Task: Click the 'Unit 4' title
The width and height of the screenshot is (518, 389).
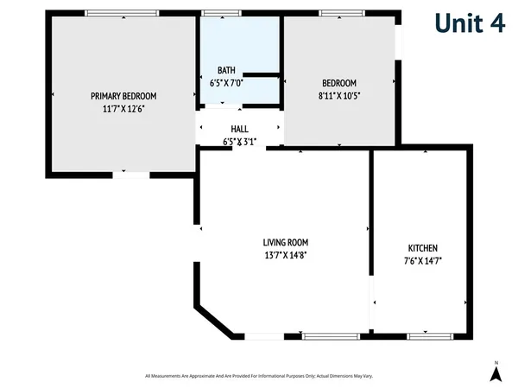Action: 469,23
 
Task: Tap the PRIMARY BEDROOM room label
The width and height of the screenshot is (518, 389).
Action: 123,96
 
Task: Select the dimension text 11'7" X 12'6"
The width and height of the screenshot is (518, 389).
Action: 123,110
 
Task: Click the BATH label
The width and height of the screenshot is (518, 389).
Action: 226,71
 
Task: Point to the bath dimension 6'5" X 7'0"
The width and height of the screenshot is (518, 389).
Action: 226,84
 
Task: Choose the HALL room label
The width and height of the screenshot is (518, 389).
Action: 239,129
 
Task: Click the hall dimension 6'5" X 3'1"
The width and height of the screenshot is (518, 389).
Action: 239,141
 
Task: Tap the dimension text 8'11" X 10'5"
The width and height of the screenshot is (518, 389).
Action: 338,96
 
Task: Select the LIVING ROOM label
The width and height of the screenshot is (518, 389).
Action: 286,242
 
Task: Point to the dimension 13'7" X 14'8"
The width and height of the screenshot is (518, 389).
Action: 286,255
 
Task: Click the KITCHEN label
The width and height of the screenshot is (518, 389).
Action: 422,247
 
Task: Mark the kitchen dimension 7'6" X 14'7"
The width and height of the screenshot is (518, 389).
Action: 422,260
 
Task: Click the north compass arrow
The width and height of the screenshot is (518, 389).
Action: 496,373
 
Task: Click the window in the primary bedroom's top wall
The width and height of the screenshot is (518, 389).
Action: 121,12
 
